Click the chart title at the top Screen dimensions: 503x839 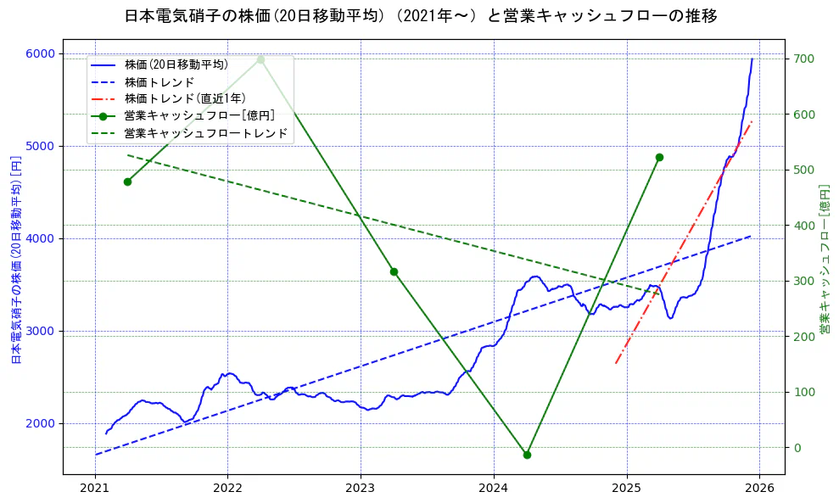click(420, 16)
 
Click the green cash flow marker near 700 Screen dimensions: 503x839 click(260, 59)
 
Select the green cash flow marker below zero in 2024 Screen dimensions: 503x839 click(527, 455)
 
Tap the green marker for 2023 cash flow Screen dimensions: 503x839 click(394, 271)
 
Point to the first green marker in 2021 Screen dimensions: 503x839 click(127, 182)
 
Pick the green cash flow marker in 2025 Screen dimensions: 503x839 click(659, 157)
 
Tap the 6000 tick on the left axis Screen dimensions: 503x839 click(40, 53)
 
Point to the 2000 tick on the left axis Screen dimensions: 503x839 click(40, 423)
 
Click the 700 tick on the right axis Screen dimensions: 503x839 click(803, 59)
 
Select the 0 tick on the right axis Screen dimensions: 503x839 click(797, 447)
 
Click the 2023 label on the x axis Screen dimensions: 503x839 click(361, 489)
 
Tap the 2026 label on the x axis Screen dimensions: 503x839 click(759, 489)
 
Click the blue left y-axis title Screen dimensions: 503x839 click(15, 259)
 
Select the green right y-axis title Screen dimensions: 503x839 click(824, 259)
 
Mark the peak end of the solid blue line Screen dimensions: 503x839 click(752, 59)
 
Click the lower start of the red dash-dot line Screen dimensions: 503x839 click(616, 363)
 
